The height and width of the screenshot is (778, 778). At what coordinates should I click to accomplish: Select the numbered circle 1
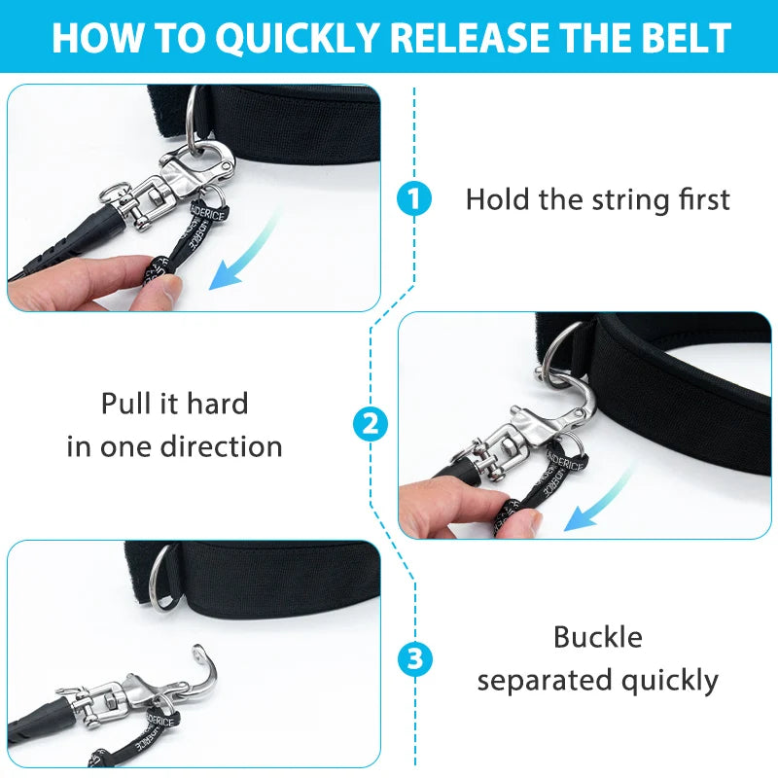click(415, 200)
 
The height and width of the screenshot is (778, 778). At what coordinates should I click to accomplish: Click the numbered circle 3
click(415, 660)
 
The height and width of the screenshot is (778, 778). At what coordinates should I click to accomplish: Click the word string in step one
click(633, 200)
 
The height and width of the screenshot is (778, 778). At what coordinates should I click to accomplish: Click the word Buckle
click(597, 637)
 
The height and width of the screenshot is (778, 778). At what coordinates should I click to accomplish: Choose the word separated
click(554, 681)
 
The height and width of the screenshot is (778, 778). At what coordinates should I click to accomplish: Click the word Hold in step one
click(497, 200)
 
